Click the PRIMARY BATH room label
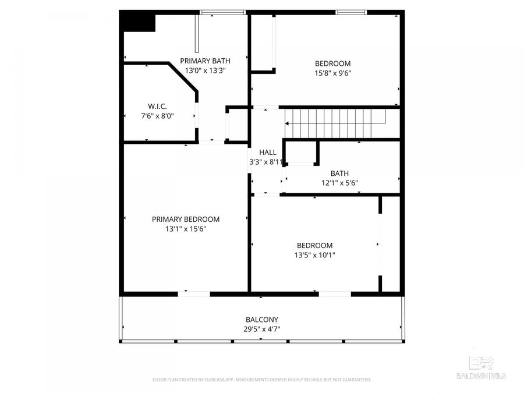point(205,61)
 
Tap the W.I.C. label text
point(157,106)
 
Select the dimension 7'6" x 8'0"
point(157,115)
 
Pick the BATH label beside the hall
point(339,173)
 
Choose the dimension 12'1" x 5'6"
point(339,182)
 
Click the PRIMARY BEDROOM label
point(186,219)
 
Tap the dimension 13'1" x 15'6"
point(186,229)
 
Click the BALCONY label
point(261,320)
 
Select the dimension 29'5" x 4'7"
point(261,329)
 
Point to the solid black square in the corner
point(139,23)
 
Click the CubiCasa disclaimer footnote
point(261,380)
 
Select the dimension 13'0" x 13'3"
point(205,70)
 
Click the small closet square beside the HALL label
point(301,154)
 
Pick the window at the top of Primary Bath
point(222,12)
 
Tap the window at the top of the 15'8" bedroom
point(351,12)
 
